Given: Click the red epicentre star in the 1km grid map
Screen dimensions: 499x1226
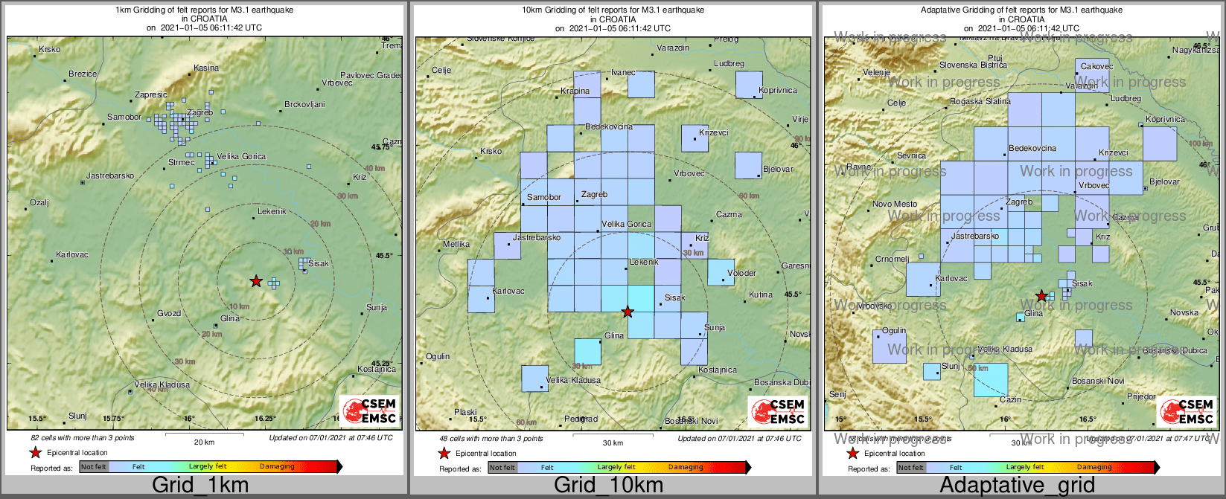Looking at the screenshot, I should [x=256, y=281].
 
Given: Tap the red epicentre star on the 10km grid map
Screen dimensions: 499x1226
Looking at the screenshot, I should [x=628, y=312].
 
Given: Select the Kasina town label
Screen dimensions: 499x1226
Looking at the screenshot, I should [x=206, y=68].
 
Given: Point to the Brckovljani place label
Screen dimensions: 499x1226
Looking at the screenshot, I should [x=304, y=105].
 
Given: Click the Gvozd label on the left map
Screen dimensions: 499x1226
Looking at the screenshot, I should [x=169, y=314].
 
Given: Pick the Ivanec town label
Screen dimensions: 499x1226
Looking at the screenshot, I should [x=623, y=73].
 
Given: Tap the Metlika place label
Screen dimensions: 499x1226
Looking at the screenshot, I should [x=456, y=244].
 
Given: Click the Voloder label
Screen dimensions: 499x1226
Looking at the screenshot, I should [x=741, y=274].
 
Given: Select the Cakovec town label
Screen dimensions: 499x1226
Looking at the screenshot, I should [x=1096, y=67].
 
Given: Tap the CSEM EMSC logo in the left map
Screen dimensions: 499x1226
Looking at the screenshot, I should [x=369, y=411].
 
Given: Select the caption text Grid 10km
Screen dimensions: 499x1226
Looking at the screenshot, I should [x=608, y=486].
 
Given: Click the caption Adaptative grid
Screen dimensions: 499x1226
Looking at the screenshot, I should [x=1017, y=486].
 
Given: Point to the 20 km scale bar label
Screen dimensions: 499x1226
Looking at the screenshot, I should [x=204, y=442].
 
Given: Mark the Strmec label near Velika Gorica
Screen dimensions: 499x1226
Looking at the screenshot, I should [x=181, y=163].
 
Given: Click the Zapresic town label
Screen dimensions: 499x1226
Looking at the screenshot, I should [x=151, y=95].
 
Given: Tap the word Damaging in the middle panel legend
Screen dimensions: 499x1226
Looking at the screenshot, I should [x=686, y=468].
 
